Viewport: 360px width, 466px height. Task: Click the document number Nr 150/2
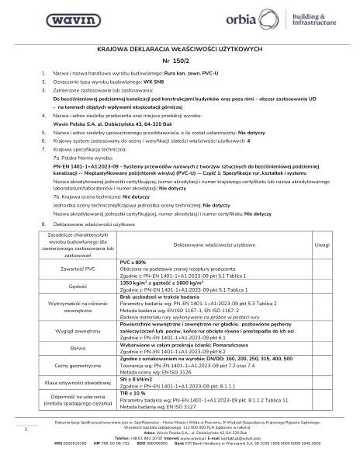179,60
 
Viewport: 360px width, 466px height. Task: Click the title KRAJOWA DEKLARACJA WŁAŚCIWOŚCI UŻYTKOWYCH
179,48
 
